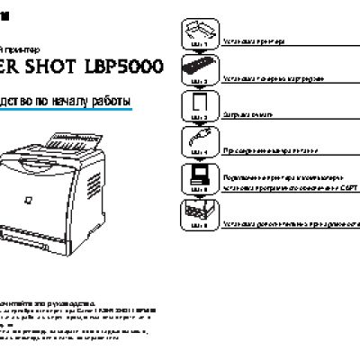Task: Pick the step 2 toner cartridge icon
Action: pos(199,66)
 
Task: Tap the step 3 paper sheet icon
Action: pos(200,104)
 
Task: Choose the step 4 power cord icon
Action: pos(199,141)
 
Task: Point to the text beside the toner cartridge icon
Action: pos(267,79)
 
